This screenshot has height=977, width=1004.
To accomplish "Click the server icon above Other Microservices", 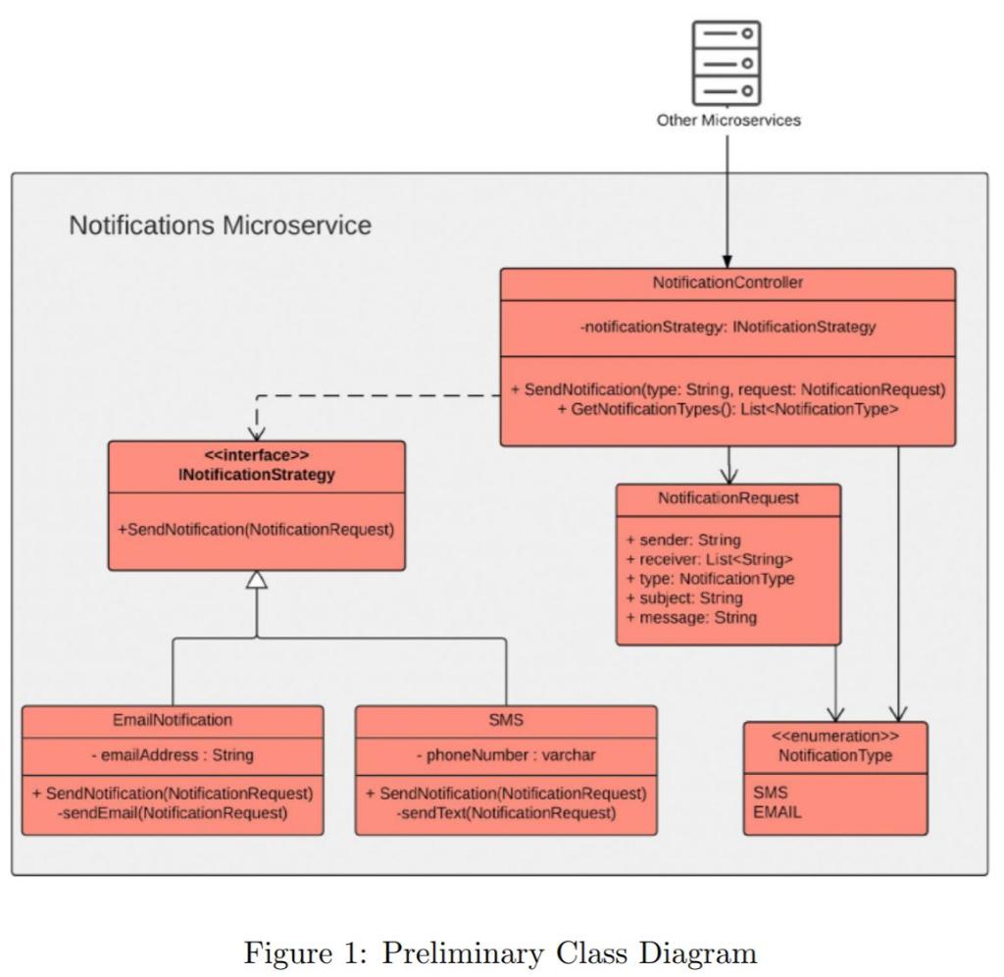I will pyautogui.click(x=727, y=62).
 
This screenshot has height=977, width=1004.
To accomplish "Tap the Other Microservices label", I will pyautogui.click(x=728, y=121).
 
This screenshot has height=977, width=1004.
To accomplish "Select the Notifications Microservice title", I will pyautogui.click(x=221, y=226).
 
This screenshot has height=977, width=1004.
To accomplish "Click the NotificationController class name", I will pyautogui.click(x=728, y=283).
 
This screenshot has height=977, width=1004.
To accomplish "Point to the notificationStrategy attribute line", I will pyautogui.click(x=728, y=328).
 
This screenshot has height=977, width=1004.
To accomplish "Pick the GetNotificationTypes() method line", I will pyautogui.click(x=728, y=409).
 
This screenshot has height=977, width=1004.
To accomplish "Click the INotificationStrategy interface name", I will pyautogui.click(x=255, y=476).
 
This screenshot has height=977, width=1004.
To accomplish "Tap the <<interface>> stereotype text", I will pyautogui.click(x=255, y=457).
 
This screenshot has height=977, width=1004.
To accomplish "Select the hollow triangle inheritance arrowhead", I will pyautogui.click(x=256, y=580).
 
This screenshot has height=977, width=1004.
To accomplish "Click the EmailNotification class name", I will pyautogui.click(x=173, y=720).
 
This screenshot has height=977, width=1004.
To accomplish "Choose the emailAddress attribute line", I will pyautogui.click(x=173, y=755).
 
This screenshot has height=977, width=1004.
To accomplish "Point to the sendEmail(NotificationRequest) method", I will pyautogui.click(x=173, y=813).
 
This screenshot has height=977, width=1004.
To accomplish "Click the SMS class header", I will pyautogui.click(x=506, y=720).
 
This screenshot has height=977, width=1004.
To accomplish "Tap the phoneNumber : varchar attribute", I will pyautogui.click(x=506, y=755).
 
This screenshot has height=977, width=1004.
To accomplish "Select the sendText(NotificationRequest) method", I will pyautogui.click(x=506, y=813).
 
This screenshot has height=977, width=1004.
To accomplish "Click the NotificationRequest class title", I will pyautogui.click(x=728, y=498).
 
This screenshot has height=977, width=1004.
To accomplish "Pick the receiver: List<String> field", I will pyautogui.click(x=709, y=559).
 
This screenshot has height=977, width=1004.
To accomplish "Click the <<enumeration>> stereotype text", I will pyautogui.click(x=835, y=737).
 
